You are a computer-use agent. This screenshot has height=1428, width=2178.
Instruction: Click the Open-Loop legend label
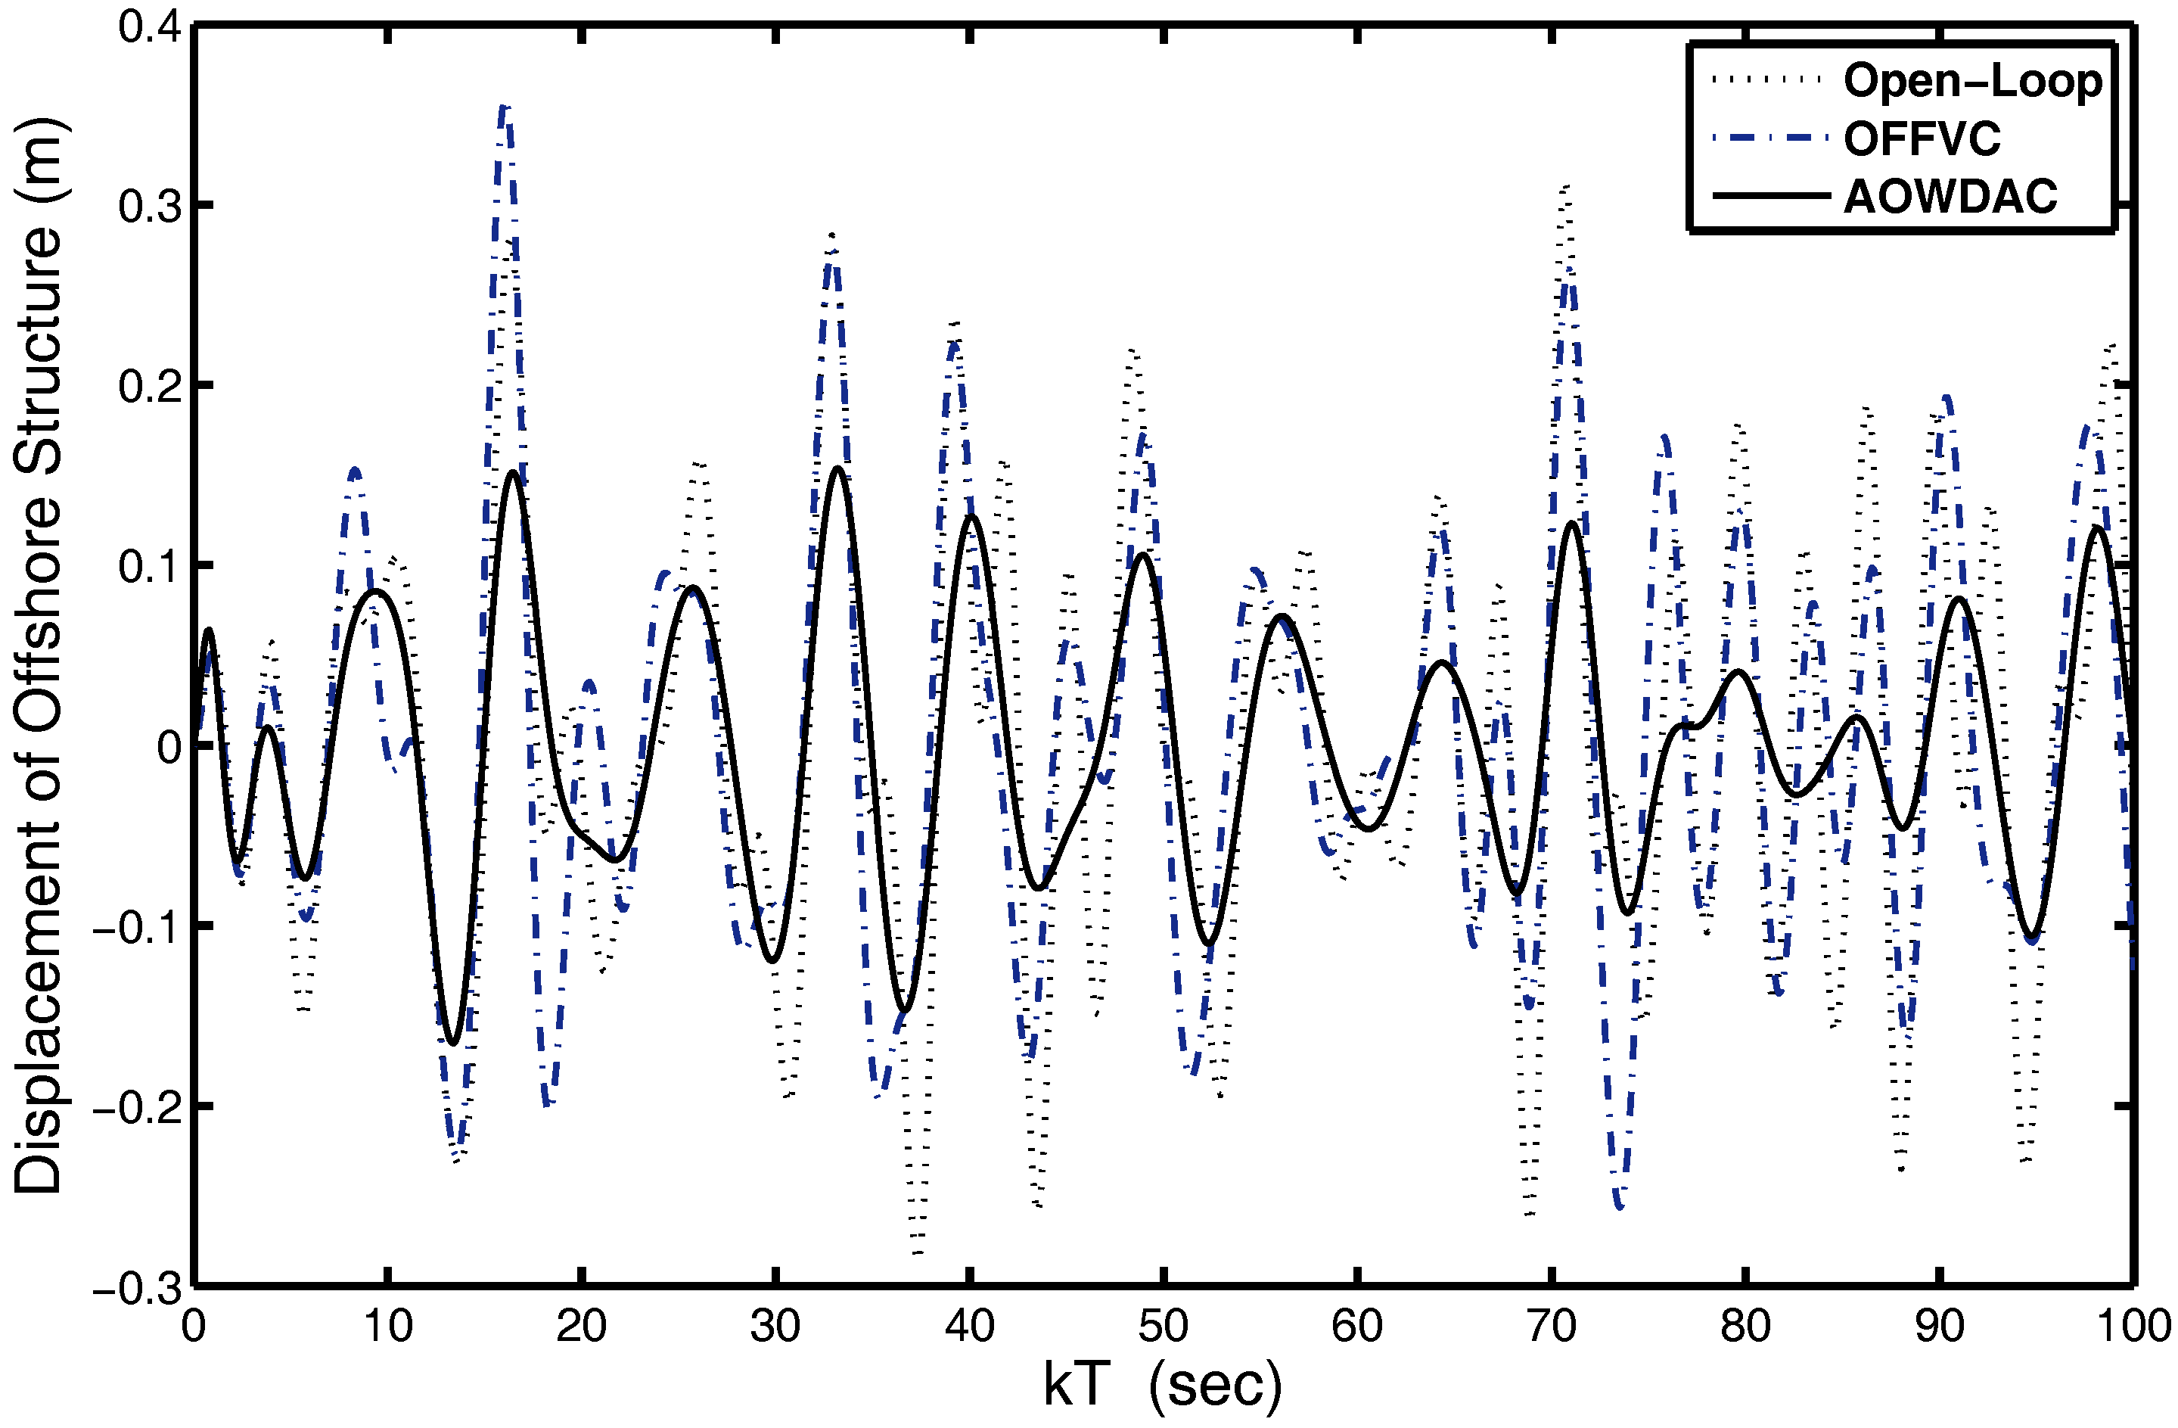click(1973, 82)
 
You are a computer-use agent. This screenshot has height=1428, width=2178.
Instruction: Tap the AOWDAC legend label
click(1950, 197)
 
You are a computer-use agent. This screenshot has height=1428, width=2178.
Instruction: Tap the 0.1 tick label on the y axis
click(148, 567)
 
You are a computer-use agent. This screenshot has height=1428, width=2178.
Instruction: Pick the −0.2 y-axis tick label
click(136, 1109)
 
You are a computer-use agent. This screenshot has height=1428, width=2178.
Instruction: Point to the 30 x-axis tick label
click(775, 1327)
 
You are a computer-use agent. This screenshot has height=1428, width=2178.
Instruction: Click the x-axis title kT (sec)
click(1162, 1385)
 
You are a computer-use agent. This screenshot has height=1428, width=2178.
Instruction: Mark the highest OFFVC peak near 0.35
click(506, 108)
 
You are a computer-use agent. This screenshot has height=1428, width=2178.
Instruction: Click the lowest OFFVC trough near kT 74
click(1620, 1207)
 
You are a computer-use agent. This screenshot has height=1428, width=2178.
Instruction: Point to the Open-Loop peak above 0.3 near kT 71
click(1567, 187)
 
